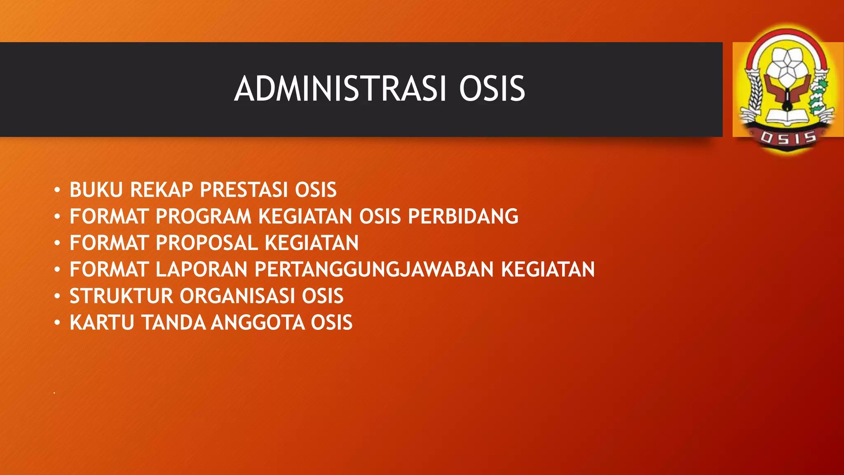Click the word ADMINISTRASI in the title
point(340,89)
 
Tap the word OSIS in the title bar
point(492,89)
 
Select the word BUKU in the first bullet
point(96,190)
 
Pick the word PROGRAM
point(204,216)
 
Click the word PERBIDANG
point(463,216)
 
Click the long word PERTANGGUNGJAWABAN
point(374,270)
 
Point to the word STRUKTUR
point(121,296)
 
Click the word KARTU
point(102,322)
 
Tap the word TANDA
point(173,322)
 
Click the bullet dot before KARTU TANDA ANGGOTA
point(57,322)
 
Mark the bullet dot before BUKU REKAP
point(57,190)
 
